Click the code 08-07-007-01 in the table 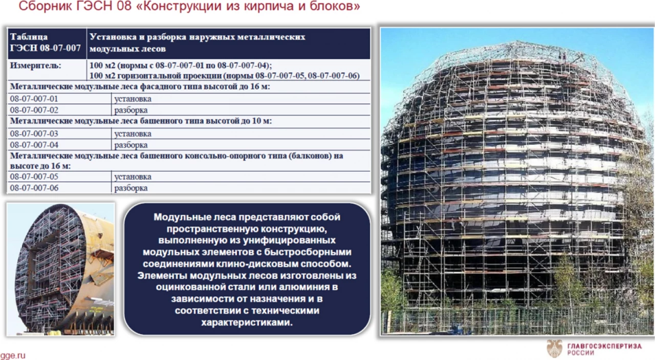[34, 99]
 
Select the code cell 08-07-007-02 [34, 110]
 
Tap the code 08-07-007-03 [34, 134]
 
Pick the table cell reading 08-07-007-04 [34, 145]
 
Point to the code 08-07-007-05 [34, 177]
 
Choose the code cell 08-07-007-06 [34, 188]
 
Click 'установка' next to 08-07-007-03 [133, 134]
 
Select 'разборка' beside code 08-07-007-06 [131, 188]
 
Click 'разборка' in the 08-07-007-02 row [131, 110]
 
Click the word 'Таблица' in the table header [29, 37]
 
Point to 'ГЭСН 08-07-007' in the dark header [45, 49]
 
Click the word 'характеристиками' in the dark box [247, 323]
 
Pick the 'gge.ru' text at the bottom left [13, 355]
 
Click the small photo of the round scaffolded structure [60, 269]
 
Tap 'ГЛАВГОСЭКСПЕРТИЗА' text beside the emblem [604, 346]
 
